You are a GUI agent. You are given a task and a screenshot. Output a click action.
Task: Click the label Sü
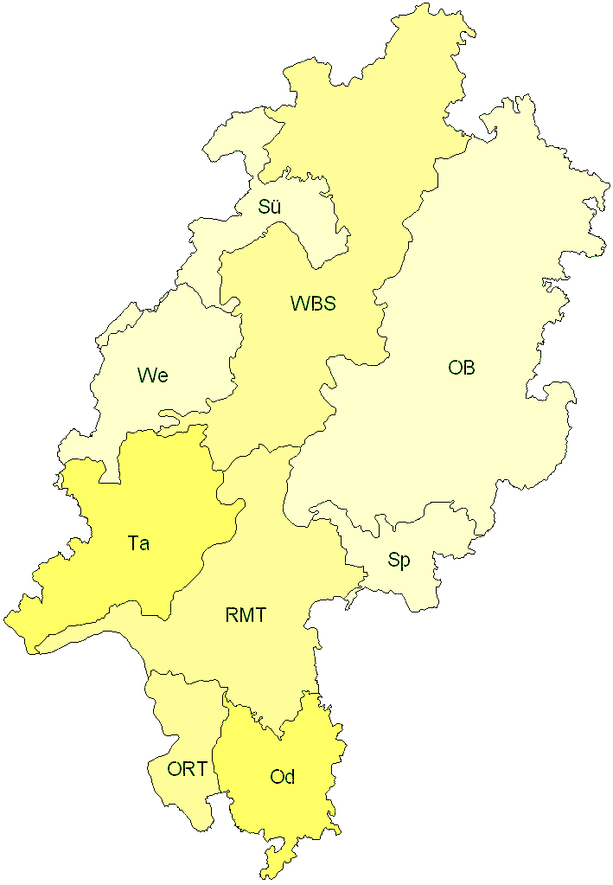[x=270, y=207]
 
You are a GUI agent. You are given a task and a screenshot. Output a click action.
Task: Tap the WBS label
[x=313, y=304]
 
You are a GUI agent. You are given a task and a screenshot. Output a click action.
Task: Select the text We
[x=152, y=375]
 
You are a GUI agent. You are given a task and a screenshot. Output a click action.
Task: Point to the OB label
[x=462, y=368]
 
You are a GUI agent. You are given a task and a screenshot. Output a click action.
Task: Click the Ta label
[x=138, y=543]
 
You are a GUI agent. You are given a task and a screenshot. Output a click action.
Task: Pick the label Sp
[x=399, y=560]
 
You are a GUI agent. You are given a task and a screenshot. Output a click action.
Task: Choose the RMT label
[x=246, y=616]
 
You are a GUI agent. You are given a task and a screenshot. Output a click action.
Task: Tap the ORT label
[x=188, y=768]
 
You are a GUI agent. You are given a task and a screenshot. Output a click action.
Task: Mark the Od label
[x=283, y=777]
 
